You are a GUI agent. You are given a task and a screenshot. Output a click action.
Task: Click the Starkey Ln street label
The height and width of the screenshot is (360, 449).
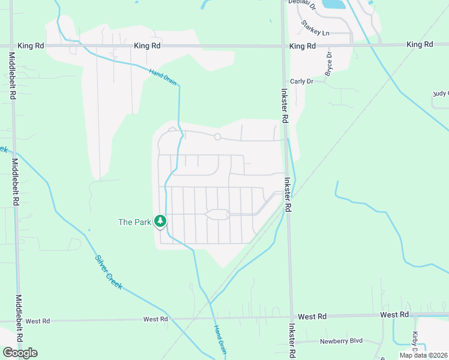[x=316, y=28]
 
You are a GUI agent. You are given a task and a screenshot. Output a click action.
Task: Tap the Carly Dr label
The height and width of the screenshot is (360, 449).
[x=302, y=81]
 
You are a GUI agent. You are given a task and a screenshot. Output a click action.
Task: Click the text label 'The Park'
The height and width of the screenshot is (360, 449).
[x=134, y=222]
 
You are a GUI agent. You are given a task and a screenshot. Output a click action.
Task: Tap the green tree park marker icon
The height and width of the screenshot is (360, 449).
[x=160, y=221]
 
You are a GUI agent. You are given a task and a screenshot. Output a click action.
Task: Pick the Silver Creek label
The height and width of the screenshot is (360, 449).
[x=109, y=273]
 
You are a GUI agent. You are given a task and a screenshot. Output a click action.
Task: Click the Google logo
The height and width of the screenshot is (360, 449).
[x=20, y=353]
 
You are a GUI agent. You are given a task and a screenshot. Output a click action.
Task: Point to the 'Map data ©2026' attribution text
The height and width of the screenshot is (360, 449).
[x=423, y=355]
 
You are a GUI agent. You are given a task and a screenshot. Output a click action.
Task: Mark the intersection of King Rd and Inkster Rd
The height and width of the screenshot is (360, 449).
[x=284, y=46]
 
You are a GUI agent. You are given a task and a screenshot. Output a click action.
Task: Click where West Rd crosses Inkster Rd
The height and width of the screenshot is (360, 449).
[x=291, y=316]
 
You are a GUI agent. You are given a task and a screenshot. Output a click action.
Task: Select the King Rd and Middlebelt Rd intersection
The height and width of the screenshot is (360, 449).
[x=13, y=46]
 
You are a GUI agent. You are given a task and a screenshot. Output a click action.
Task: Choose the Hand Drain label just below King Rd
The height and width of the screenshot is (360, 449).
[x=163, y=77]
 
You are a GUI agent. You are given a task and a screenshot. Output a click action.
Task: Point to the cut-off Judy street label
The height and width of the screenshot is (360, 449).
[x=441, y=94]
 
